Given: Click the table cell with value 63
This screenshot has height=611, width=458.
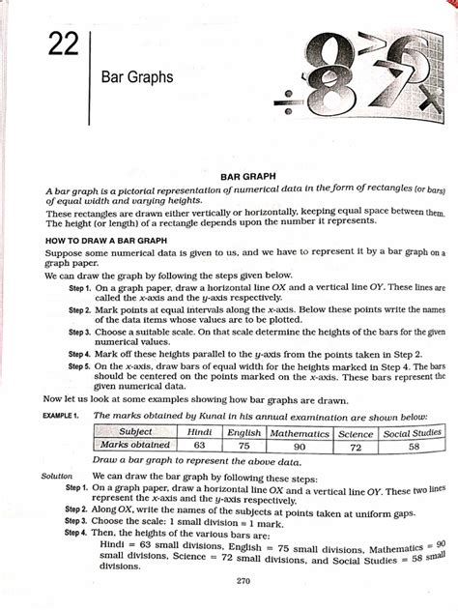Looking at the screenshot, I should pyautogui.click(x=201, y=445).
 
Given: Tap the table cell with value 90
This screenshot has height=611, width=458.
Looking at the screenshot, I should pyautogui.click(x=300, y=446).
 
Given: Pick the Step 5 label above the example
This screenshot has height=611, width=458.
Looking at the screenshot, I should pyautogui.click(x=78, y=367).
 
